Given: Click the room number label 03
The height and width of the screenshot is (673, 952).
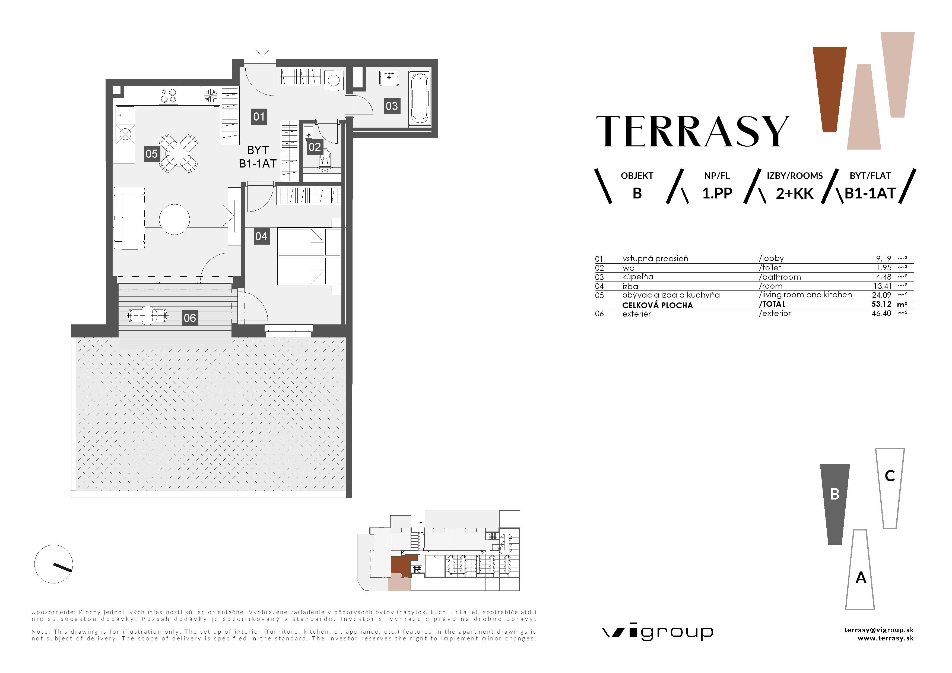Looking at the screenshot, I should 391,106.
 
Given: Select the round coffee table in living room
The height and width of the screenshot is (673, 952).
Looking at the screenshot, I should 174,219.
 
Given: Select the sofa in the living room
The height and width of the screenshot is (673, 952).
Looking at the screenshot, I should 129,218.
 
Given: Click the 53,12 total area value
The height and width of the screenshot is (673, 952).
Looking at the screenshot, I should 881,304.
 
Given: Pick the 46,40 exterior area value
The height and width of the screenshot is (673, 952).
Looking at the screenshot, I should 881,314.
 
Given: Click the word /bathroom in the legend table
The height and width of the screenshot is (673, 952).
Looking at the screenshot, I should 779,277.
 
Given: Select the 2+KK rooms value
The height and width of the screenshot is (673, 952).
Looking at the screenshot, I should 794,194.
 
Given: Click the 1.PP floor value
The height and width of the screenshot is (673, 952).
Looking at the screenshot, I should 717,193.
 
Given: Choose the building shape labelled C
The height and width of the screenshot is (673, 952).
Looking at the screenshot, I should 890,488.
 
